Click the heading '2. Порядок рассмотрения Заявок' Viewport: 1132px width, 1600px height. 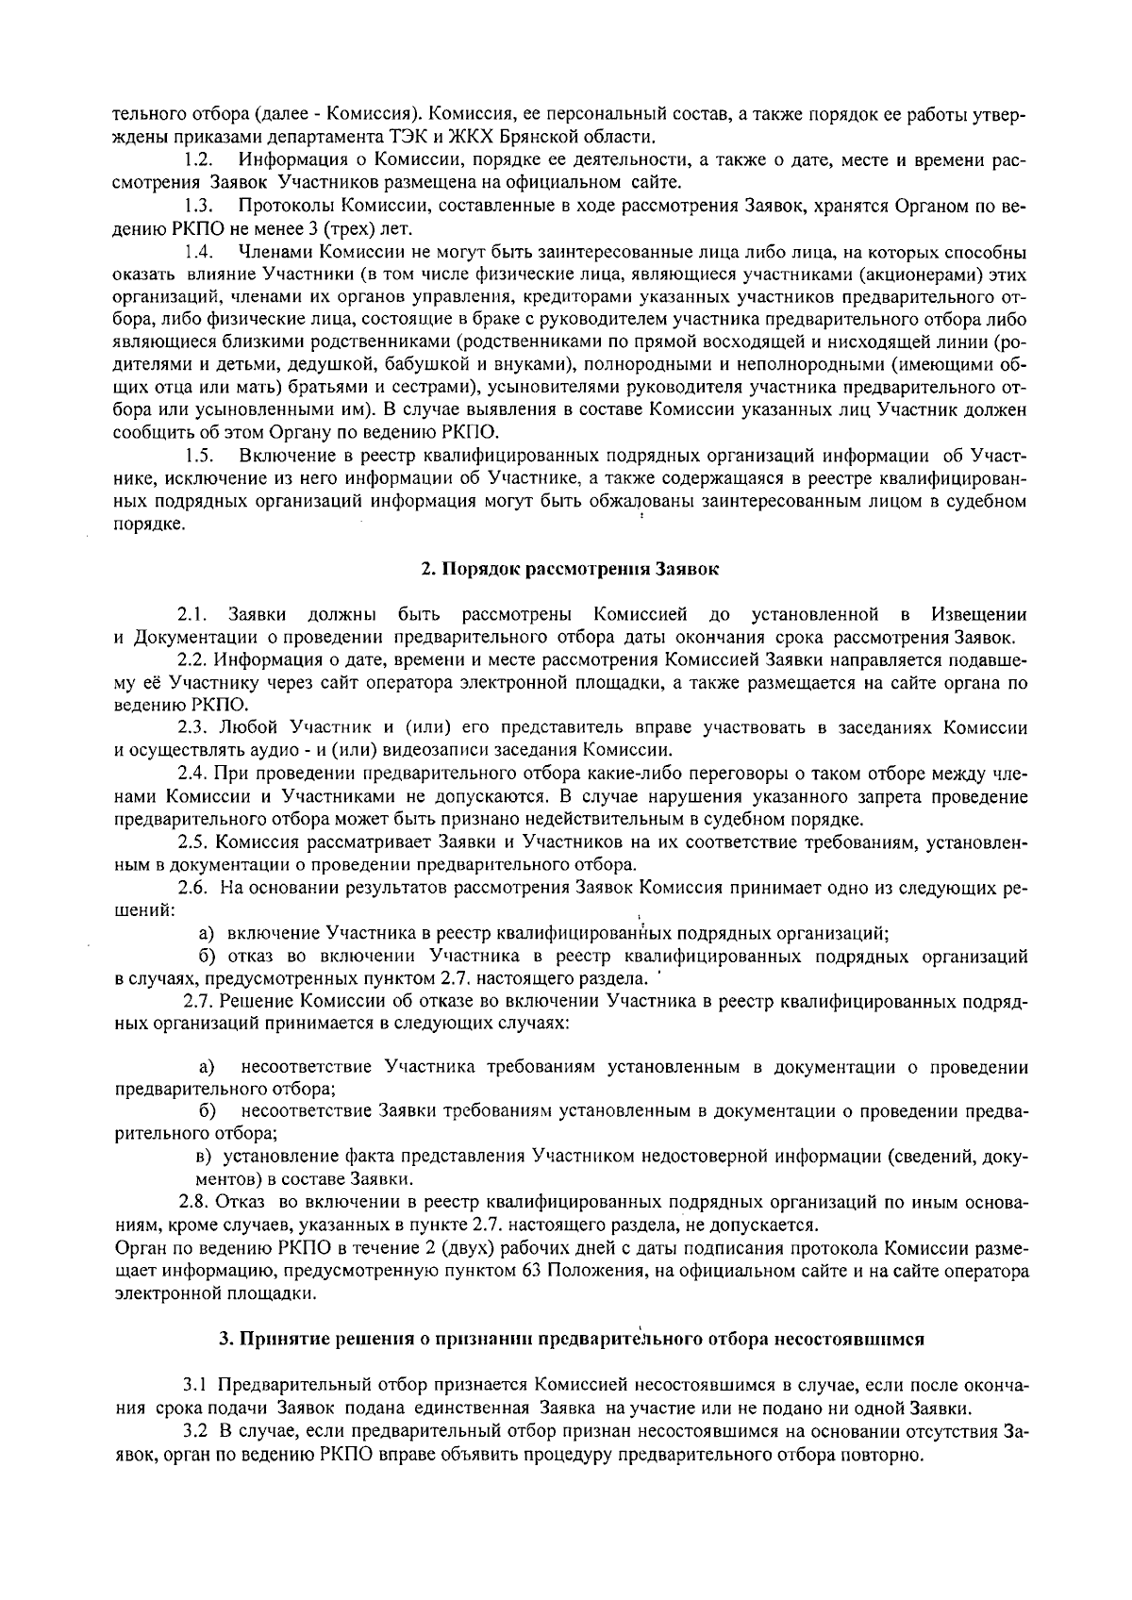point(570,570)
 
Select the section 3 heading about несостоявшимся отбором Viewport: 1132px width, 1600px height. point(570,1339)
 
